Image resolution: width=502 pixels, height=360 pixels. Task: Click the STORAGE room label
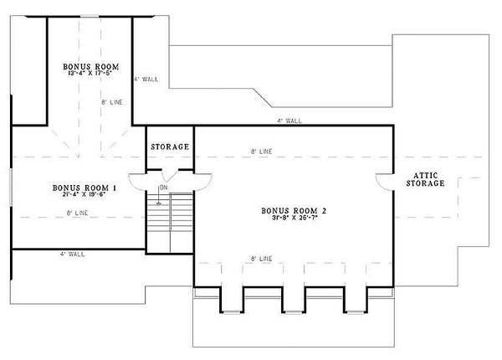[170, 147]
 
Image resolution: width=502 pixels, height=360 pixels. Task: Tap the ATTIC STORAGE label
[426, 178]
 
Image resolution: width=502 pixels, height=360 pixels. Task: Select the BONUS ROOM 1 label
[84, 188]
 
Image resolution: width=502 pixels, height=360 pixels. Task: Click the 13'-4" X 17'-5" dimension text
[90, 74]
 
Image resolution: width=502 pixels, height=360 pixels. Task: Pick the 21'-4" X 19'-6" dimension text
[84, 196]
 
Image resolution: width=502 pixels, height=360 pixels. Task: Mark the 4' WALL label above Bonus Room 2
[290, 121]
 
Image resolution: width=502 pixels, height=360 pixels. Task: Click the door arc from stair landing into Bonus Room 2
[202, 183]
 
